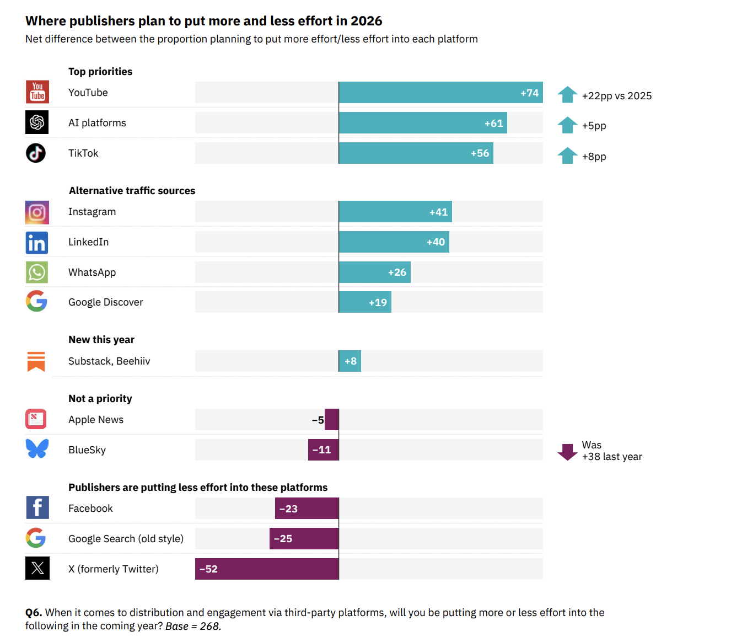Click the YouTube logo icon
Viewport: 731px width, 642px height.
point(37,92)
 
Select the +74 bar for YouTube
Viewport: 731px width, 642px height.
point(440,93)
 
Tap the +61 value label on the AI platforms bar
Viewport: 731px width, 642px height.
point(493,124)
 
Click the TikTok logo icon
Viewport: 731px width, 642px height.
point(36,153)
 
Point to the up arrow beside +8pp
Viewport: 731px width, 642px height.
point(567,156)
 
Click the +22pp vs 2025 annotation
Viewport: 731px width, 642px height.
point(616,96)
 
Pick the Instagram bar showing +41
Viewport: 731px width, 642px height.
point(395,212)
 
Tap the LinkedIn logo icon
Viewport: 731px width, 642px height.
point(37,243)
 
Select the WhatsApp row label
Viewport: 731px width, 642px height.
point(92,272)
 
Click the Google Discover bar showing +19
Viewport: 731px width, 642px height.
point(364,302)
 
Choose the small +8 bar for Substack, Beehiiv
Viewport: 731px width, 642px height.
point(350,361)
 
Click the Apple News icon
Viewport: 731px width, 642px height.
point(36,419)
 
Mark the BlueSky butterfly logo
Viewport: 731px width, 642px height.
point(37,448)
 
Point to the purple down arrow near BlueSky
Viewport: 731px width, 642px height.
point(567,452)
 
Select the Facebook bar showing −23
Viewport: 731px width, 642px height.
point(307,509)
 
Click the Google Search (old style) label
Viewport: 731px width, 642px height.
point(126,539)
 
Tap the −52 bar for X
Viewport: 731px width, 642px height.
point(267,569)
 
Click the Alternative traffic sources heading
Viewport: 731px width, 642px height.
point(132,191)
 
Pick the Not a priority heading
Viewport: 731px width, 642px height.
point(100,399)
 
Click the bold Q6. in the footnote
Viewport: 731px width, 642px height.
point(34,613)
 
